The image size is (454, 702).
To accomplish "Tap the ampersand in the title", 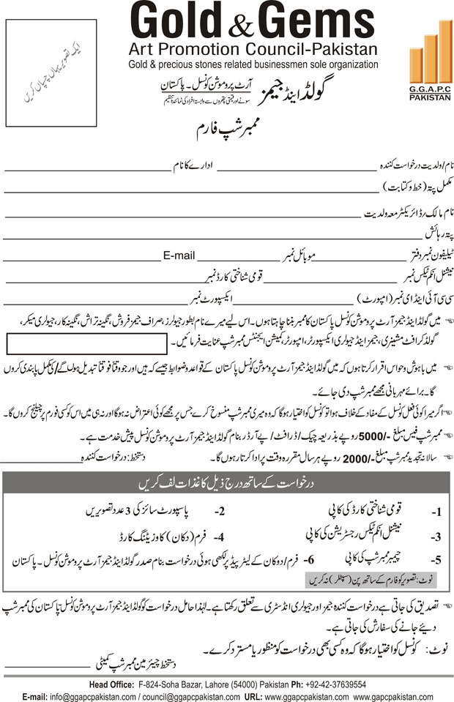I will (x=247, y=26).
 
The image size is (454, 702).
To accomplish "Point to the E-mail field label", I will (x=179, y=256).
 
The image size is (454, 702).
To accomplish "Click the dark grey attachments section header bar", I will (x=227, y=484).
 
